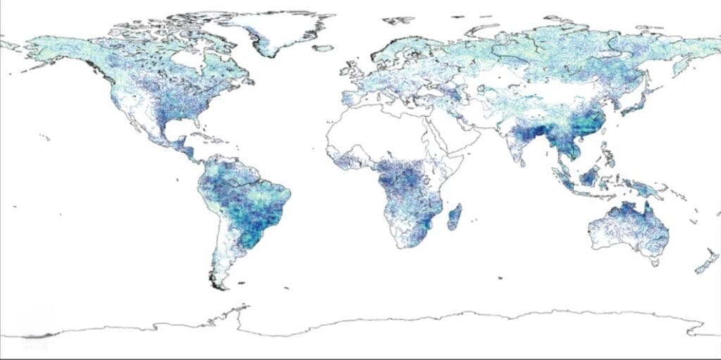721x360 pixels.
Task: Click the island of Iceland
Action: coord(322,48)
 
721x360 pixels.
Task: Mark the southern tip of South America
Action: coord(222,285)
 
